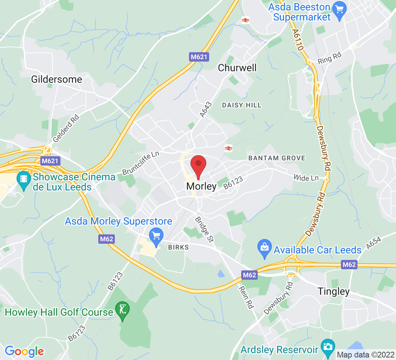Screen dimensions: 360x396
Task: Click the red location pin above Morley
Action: (198, 165)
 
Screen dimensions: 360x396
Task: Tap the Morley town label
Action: (201, 186)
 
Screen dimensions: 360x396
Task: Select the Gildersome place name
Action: (57, 79)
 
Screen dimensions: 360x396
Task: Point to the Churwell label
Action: (237, 68)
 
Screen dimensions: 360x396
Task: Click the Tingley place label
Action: (333, 291)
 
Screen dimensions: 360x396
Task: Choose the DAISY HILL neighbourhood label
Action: (242, 105)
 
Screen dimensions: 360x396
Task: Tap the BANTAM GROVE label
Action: (277, 158)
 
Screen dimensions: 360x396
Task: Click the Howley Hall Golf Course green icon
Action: (123, 309)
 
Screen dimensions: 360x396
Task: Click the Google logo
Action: (24, 351)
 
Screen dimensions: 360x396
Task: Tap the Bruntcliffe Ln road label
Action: (141, 163)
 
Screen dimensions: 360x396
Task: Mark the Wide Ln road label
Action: (306, 178)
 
